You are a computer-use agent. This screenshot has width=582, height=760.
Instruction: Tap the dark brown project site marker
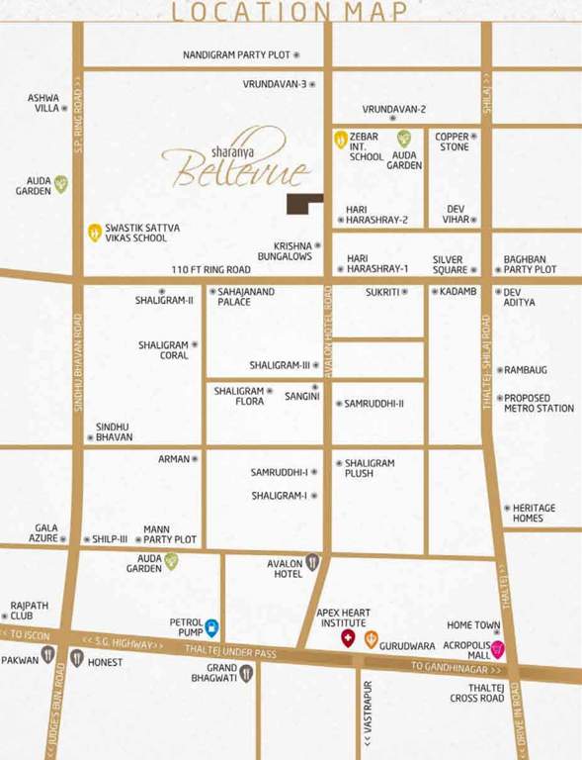tap(304, 203)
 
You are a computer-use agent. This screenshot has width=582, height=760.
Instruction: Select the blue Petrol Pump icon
tap(211, 626)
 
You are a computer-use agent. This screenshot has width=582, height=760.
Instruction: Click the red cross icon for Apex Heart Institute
tap(348, 638)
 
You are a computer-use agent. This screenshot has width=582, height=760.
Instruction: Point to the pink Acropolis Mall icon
tap(499, 649)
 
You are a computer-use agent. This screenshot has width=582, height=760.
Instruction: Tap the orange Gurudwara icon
tap(371, 639)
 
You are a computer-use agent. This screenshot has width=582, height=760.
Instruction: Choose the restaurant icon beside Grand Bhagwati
tap(246, 673)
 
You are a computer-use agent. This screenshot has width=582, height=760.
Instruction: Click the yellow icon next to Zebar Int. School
tap(340, 139)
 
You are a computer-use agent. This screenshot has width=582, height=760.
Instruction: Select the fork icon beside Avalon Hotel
tap(312, 563)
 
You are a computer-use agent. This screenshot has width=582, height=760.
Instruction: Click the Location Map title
tap(290, 12)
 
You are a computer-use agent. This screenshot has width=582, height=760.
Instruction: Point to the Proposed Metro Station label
tap(539, 403)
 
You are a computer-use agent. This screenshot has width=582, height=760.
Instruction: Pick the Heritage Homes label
tap(534, 513)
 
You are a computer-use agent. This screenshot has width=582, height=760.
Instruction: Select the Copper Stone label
tap(454, 141)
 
